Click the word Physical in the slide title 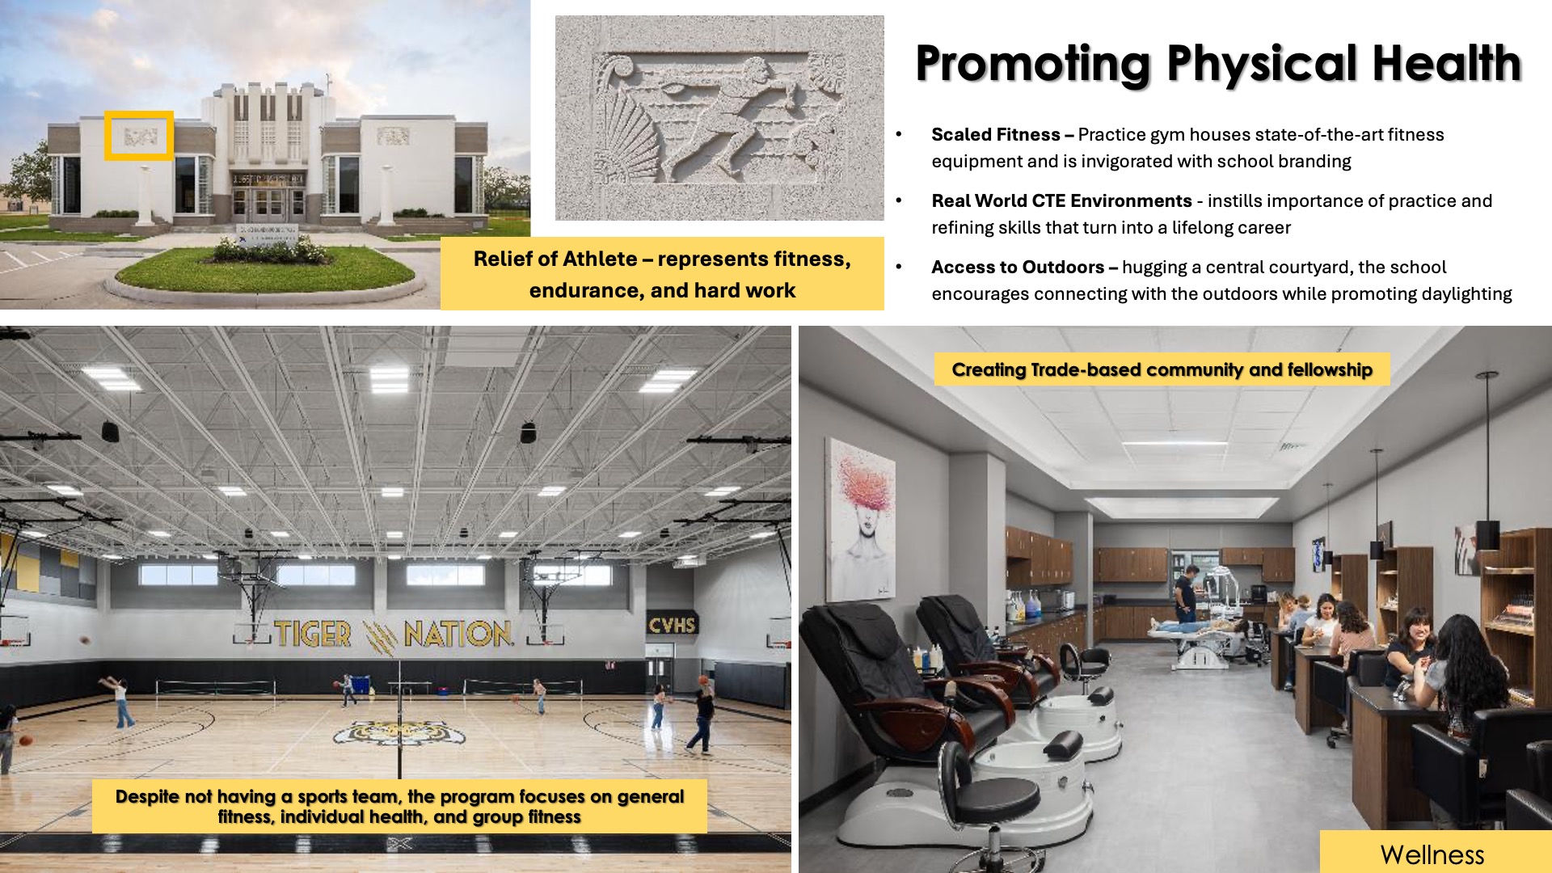pyautogui.click(x=1262, y=65)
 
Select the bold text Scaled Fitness pyautogui.click(x=996, y=134)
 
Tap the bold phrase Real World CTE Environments pyautogui.click(x=1061, y=200)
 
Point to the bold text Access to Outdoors pyautogui.click(x=1018, y=267)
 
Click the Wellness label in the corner pyautogui.click(x=1432, y=854)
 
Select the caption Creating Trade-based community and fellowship pyautogui.click(x=1162, y=369)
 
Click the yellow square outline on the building pyautogui.click(x=139, y=135)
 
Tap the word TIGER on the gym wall pyautogui.click(x=313, y=634)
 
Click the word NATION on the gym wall pyautogui.click(x=458, y=633)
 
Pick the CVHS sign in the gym pyautogui.click(x=672, y=625)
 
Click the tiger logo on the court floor pyautogui.click(x=399, y=732)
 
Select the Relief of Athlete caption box pyautogui.click(x=662, y=274)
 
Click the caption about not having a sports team pyautogui.click(x=399, y=806)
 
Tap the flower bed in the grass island pyautogui.click(x=268, y=251)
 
